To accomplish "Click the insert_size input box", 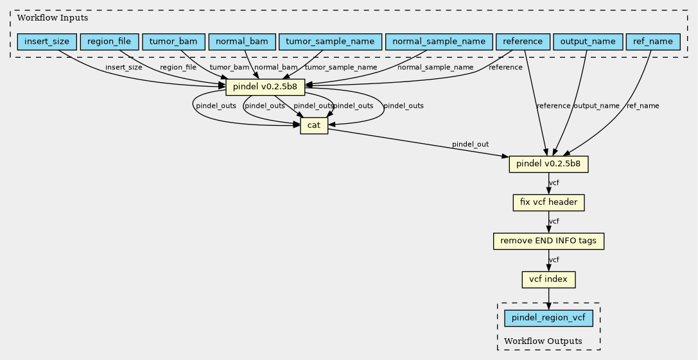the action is pos(47,42).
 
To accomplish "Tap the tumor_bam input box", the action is pos(173,42).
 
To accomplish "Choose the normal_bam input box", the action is pos(241,42).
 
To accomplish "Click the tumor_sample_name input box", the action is pos(330,42).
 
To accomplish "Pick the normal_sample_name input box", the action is pos(439,42).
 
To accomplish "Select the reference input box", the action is pos(523,42).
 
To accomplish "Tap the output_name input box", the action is pos(588,42).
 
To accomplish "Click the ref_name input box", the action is pos(653,42).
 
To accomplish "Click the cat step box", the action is pos(314,126).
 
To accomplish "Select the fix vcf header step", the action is pos(548,203).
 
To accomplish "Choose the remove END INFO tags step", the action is pos(548,241).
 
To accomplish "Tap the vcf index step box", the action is pos(548,279).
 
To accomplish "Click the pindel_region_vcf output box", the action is pos(548,318).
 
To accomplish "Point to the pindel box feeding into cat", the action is pos(265,87).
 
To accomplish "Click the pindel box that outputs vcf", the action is pos(548,164).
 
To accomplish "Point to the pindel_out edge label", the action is pos(470,144).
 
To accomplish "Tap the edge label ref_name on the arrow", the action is pos(643,106).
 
